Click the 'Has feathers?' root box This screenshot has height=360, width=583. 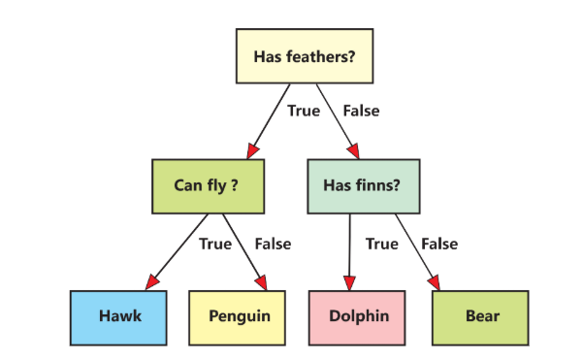click(305, 56)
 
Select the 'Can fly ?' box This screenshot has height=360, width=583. click(210, 186)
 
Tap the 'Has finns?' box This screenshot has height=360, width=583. click(363, 186)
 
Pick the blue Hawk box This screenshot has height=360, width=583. click(120, 316)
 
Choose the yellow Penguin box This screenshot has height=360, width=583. click(240, 316)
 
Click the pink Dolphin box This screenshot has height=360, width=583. click(359, 316)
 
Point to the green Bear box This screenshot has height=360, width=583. click(480, 316)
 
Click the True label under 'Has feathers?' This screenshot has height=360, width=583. click(304, 111)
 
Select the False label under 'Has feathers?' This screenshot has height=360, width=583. click(361, 111)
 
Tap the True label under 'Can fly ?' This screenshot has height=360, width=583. click(215, 244)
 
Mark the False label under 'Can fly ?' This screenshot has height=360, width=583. click(273, 244)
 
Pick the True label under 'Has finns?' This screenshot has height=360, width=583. click(382, 244)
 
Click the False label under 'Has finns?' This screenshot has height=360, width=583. click(439, 244)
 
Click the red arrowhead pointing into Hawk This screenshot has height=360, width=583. click(150, 282)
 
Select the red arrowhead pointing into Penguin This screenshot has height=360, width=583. click(261, 281)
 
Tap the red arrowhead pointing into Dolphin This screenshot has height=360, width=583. click(348, 281)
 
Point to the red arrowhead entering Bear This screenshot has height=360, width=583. click(435, 281)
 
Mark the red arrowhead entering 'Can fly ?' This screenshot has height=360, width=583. click(252, 150)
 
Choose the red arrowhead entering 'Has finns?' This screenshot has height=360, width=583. click(353, 150)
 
